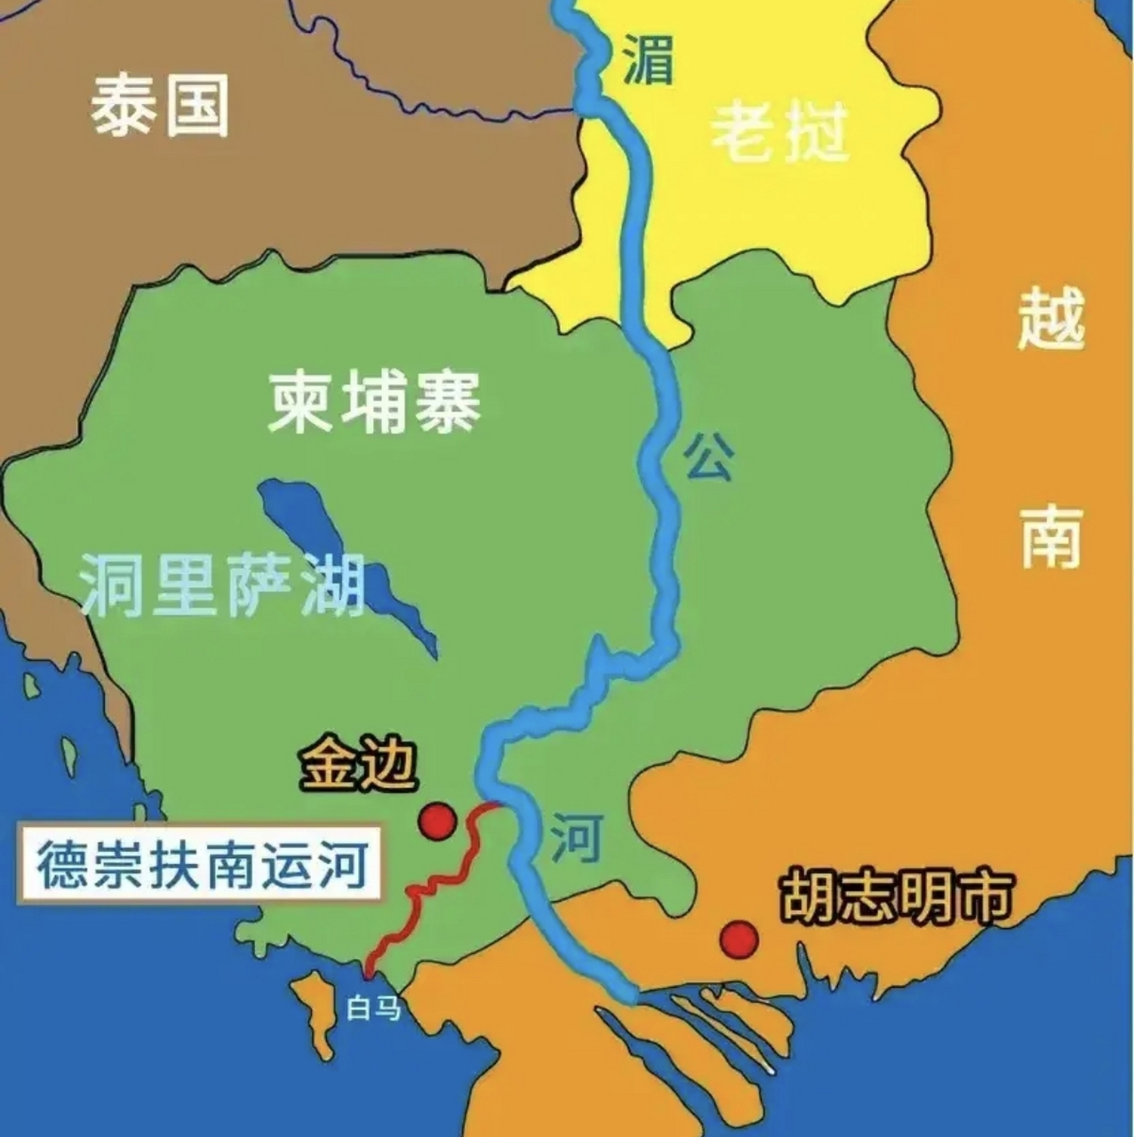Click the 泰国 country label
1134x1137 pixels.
click(160, 106)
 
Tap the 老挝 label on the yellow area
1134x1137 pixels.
click(780, 132)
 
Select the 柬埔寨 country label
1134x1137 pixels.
click(374, 404)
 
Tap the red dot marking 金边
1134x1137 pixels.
click(438, 821)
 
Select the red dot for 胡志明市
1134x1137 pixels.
click(739, 938)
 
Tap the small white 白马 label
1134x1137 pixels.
click(374, 1008)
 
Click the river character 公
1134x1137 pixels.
click(707, 458)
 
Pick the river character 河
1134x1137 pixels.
click(576, 838)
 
